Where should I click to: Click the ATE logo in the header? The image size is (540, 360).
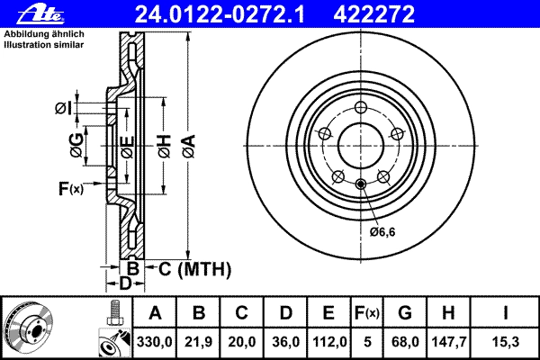(x=40, y=14)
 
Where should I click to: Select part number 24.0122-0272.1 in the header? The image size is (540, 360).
(x=220, y=14)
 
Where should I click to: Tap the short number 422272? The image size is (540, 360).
(x=374, y=14)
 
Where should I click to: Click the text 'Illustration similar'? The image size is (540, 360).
(x=44, y=45)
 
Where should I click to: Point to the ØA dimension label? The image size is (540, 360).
(x=189, y=146)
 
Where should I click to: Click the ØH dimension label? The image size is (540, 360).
(x=165, y=146)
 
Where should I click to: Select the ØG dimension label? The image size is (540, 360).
(x=76, y=145)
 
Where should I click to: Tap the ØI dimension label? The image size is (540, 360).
(x=64, y=109)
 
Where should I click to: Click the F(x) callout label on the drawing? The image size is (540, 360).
(x=70, y=188)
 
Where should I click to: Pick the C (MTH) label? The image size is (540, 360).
(x=194, y=269)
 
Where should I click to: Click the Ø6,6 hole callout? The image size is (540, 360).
(x=382, y=232)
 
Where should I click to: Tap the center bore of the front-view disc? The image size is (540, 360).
(x=361, y=146)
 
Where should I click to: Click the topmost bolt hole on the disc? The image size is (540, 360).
(x=361, y=107)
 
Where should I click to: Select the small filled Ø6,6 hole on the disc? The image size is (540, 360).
(x=361, y=184)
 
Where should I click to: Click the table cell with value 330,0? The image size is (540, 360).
(x=154, y=342)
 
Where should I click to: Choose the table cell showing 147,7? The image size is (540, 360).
(x=448, y=342)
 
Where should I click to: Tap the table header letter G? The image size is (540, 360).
(x=405, y=313)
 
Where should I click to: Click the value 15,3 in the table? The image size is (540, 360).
(x=505, y=342)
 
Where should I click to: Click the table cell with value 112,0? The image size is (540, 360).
(x=328, y=342)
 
